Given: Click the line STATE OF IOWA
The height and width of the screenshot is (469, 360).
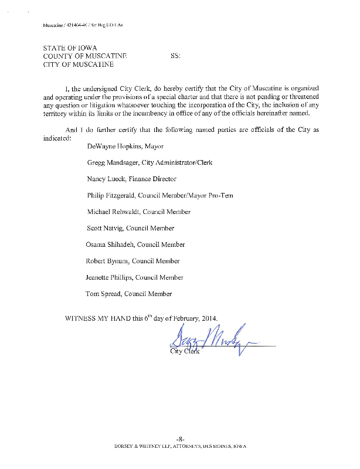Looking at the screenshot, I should (70, 47).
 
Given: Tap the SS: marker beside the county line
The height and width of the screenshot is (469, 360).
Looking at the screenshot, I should (175, 56).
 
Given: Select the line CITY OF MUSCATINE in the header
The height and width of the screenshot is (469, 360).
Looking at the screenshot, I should (79, 64).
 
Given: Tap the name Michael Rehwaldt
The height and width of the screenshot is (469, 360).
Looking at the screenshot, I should (111, 212).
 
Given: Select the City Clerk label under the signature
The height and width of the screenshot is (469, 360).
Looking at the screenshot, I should (184, 351).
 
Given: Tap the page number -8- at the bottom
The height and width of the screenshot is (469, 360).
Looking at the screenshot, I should (181, 439).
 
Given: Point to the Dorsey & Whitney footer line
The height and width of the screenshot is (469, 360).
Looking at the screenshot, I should (180, 447).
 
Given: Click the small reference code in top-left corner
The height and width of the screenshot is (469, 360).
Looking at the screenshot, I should (83, 26).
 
